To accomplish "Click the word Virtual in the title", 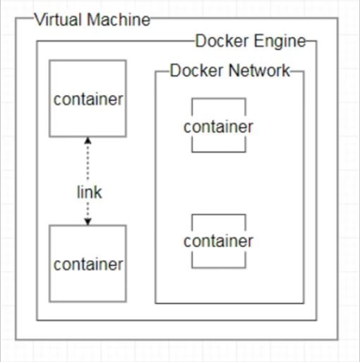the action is coord(59,20).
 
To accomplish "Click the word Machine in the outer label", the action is coord(119,20).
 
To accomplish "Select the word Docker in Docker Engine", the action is coord(222,41).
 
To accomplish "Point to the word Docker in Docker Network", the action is coord(196,71).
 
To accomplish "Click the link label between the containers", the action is coord(90,193).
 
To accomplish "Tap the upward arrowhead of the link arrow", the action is coord(88,140).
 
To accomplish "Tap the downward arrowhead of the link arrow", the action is coord(88,222).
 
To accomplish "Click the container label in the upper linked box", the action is coord(88,99).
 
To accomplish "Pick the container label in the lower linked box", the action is coord(88,265).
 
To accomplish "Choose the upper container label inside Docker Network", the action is coord(218,127).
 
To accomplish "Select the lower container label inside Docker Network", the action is coord(218,241).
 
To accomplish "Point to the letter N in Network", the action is coord(234,71).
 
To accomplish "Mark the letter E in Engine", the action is coord(258,42).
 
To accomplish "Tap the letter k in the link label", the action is coord(98,192).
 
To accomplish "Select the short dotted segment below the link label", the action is coord(88,210).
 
